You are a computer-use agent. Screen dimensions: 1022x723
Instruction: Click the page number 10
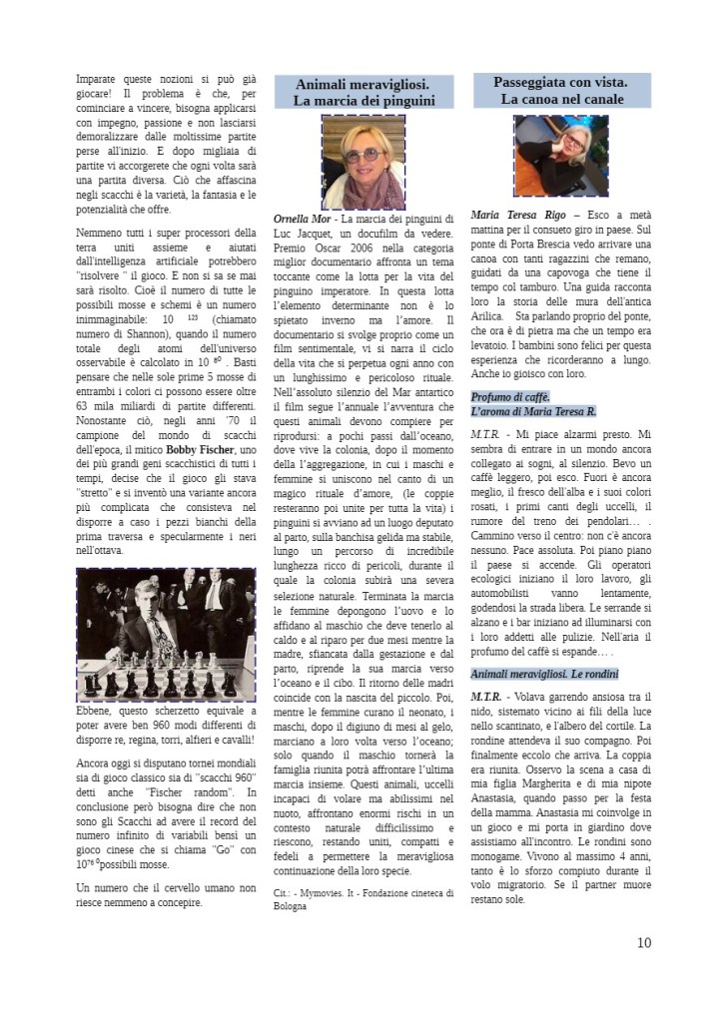[643, 942]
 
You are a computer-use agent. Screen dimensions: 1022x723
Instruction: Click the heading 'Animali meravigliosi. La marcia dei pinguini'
[363, 91]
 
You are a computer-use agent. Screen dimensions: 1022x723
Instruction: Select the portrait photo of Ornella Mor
[363, 161]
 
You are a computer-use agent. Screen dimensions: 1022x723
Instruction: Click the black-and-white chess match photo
[166, 634]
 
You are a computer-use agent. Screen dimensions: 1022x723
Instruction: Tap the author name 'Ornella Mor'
[304, 218]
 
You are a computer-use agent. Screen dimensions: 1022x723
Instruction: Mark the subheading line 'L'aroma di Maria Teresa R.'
[534, 411]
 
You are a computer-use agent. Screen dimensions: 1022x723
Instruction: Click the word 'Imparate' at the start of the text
[103, 78]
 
